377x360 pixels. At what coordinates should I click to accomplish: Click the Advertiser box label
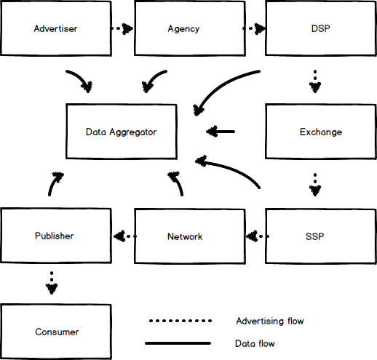point(55,28)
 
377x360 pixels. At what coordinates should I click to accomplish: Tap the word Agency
point(183,29)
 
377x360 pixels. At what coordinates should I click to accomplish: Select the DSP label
point(321,28)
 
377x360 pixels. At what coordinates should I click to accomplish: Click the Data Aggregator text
point(121,132)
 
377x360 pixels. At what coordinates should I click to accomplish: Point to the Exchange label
point(321,132)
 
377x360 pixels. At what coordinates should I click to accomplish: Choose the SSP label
point(315,236)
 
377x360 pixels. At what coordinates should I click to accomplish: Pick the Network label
point(185,236)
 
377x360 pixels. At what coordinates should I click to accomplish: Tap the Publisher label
point(54,236)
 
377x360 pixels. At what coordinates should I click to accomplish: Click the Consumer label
point(57,332)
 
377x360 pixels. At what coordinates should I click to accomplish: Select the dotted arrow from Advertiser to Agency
point(122,28)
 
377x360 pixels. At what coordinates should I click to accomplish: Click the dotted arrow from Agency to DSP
point(254,28)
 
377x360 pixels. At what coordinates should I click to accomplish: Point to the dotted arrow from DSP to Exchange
point(315,81)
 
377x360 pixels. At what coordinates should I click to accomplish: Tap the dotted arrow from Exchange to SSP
point(315,185)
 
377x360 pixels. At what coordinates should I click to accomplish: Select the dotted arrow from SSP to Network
point(258,236)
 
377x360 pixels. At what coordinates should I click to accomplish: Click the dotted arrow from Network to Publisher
point(125,236)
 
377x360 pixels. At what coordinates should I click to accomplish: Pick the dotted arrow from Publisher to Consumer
point(52,283)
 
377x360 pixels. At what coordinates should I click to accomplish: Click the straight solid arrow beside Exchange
point(221,132)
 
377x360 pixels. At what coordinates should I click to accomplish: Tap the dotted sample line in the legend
point(180,321)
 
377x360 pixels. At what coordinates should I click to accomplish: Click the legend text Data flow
point(255,343)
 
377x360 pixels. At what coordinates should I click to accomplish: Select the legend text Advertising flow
point(270,321)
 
